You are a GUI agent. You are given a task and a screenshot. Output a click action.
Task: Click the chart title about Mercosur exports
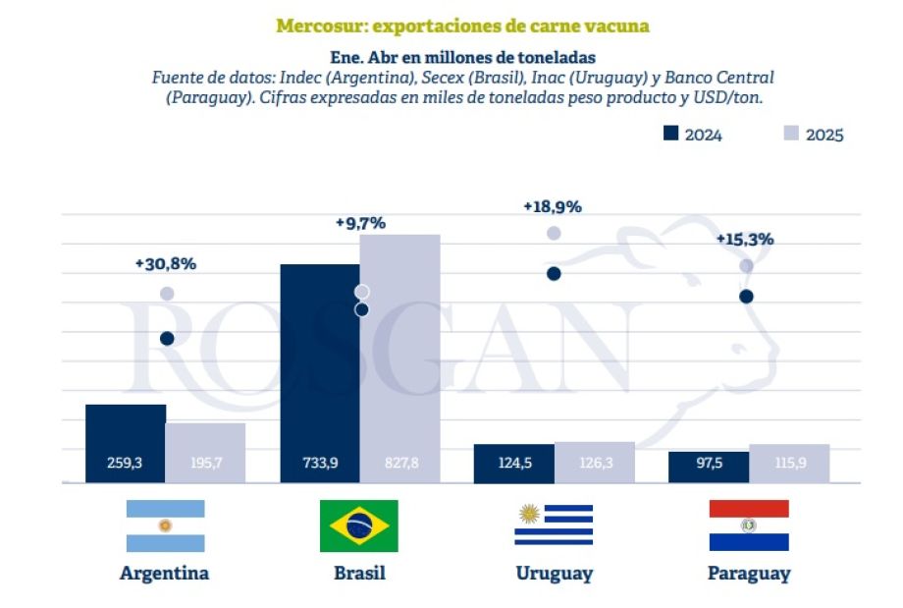tap(462, 26)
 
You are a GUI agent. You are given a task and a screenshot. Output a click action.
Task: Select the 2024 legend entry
tap(693, 135)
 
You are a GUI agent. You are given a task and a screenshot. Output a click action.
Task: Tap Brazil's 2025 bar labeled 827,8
tap(398, 359)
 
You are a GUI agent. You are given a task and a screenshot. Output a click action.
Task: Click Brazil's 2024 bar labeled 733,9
tap(320, 373)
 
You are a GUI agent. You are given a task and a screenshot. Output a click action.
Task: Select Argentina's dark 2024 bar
tap(126, 442)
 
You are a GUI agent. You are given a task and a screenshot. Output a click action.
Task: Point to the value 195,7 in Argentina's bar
tap(205, 463)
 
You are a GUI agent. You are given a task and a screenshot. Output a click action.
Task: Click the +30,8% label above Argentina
tap(166, 263)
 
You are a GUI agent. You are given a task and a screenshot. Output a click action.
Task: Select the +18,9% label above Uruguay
tap(552, 206)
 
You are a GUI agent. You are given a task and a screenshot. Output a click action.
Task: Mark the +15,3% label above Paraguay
tap(744, 239)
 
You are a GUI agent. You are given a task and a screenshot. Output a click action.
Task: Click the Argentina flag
tap(165, 525)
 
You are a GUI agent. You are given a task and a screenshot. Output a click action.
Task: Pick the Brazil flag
tap(358, 525)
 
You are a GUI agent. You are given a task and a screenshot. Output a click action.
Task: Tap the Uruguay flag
tap(554, 525)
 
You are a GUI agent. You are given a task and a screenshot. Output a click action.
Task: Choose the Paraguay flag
tap(748, 525)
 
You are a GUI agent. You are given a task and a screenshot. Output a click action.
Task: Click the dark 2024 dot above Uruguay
tap(554, 273)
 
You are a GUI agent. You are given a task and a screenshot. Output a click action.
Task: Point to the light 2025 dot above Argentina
tap(167, 294)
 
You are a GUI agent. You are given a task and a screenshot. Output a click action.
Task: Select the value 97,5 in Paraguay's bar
tap(709, 463)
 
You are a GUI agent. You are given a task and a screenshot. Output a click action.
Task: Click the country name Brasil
tap(358, 574)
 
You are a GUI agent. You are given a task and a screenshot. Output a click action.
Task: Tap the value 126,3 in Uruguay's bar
tap(594, 463)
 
